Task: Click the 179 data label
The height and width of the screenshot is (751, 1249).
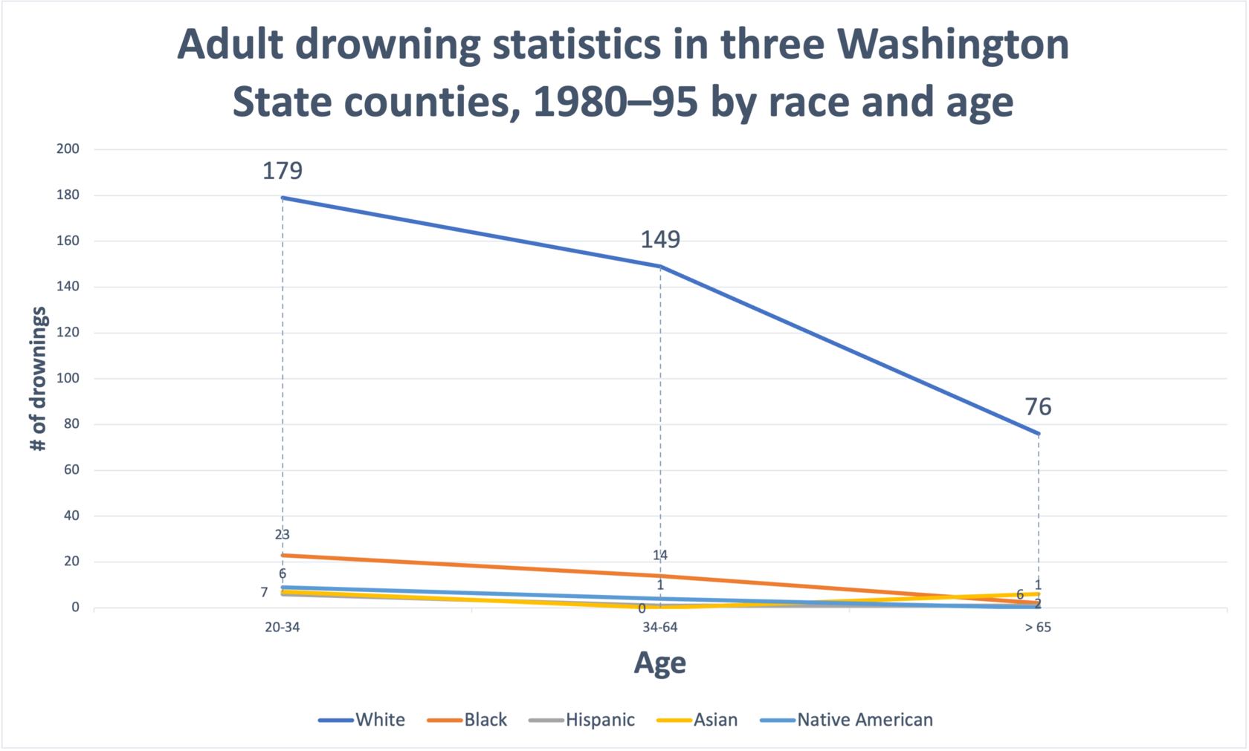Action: click(283, 171)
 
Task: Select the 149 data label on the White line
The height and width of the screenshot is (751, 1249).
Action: click(660, 239)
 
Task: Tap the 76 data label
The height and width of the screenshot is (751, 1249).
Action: click(1038, 407)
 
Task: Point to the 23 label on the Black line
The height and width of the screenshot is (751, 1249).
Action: click(283, 534)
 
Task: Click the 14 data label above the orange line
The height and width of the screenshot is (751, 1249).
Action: click(660, 555)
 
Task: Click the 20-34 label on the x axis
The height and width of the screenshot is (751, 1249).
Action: click(283, 627)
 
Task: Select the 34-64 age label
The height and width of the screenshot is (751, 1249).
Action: click(660, 627)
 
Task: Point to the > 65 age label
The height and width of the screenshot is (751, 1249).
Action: click(1038, 627)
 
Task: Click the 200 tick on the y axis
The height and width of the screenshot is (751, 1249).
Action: click(68, 149)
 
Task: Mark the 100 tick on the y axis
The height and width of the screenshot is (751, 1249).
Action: click(68, 378)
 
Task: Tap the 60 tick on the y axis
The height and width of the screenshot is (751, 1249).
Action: click(71, 469)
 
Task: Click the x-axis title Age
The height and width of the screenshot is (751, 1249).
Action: click(660, 663)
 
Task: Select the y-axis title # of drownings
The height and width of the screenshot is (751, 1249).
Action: click(39, 379)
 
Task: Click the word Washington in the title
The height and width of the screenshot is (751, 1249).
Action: click(953, 45)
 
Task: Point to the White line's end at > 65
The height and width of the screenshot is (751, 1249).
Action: click(1038, 434)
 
